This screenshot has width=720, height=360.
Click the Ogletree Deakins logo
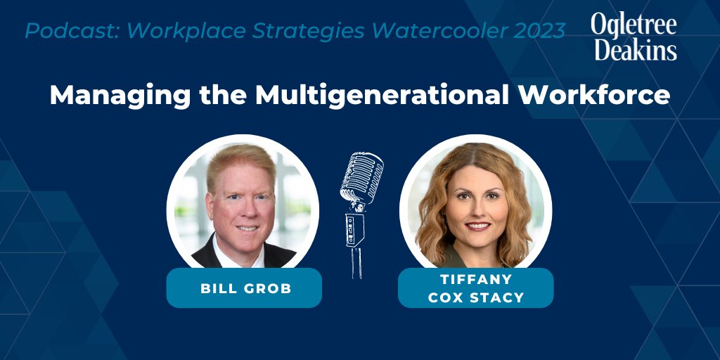pyautogui.click(x=634, y=37)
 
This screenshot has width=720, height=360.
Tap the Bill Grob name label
pyautogui.click(x=244, y=288)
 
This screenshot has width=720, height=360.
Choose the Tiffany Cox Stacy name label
pyautogui.click(x=475, y=288)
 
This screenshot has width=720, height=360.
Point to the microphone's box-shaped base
pyautogui.click(x=354, y=228)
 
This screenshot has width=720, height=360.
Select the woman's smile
pyautogui.click(x=475, y=226)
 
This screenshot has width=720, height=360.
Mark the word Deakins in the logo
pyautogui.click(x=634, y=50)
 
